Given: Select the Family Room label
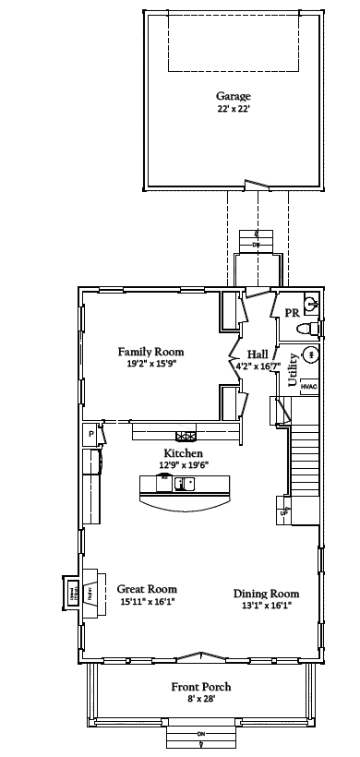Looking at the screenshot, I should point(150,352).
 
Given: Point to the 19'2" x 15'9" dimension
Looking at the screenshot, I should point(150,364).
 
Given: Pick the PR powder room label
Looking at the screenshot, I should point(291,313).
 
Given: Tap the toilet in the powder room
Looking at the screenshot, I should point(312,328).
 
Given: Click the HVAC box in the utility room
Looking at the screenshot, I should point(309,387).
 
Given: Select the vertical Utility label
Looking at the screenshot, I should point(294,369).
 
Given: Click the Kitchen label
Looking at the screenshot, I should point(184,453).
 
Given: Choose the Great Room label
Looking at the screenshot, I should point(147,589).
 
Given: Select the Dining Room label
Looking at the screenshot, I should point(266,594).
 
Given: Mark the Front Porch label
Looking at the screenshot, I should point(201,687).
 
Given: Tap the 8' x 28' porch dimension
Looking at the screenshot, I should point(201,699).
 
